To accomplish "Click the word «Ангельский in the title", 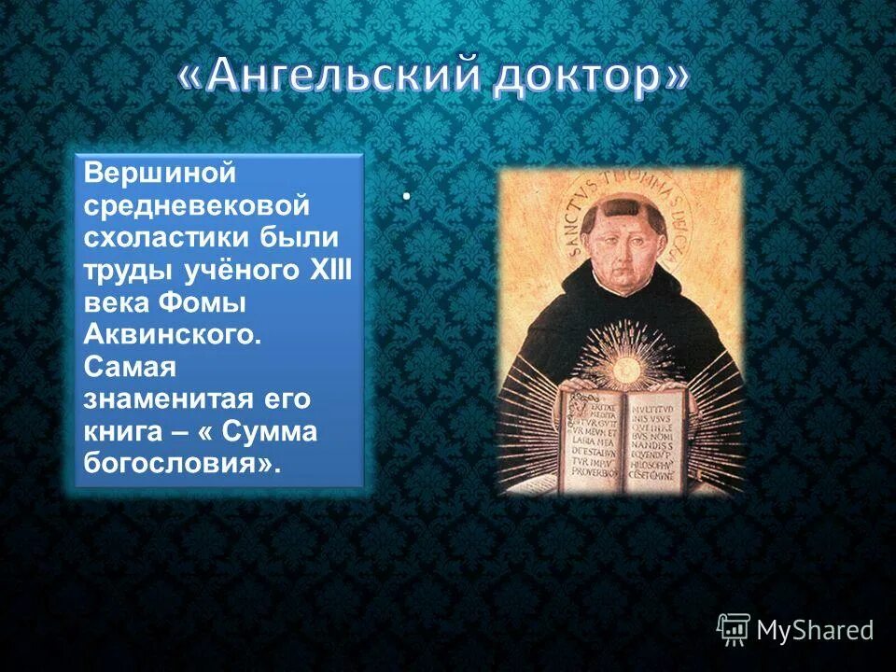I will (x=329, y=78).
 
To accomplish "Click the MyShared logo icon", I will (x=733, y=630).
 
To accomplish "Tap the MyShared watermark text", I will (x=814, y=631).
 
